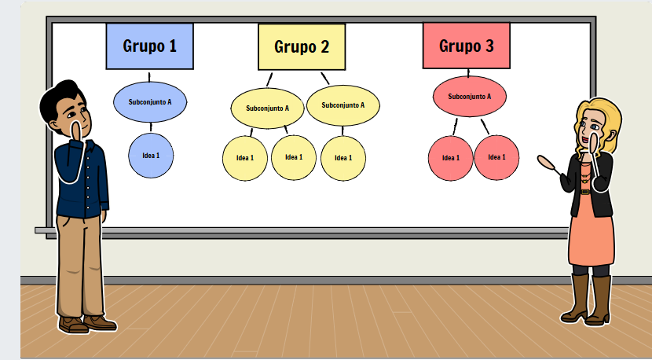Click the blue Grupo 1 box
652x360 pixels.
[150, 46]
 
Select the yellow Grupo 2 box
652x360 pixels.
[302, 47]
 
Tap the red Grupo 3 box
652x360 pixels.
[466, 46]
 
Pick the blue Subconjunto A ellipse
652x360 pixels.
[150, 102]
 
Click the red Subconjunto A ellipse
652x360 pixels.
[470, 97]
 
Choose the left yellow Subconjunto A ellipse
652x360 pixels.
[267, 108]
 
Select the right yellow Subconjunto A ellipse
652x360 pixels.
[343, 105]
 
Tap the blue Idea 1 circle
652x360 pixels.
[151, 156]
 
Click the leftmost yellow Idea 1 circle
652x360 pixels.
[245, 158]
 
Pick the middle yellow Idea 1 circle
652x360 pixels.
[294, 157]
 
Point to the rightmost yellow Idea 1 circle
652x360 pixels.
[343, 158]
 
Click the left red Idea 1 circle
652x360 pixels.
[451, 158]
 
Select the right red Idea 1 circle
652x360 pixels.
[496, 157]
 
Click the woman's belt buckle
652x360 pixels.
[585, 192]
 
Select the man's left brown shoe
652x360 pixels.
[74, 325]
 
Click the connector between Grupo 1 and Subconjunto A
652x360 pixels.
[149, 77]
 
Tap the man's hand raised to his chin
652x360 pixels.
[77, 131]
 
